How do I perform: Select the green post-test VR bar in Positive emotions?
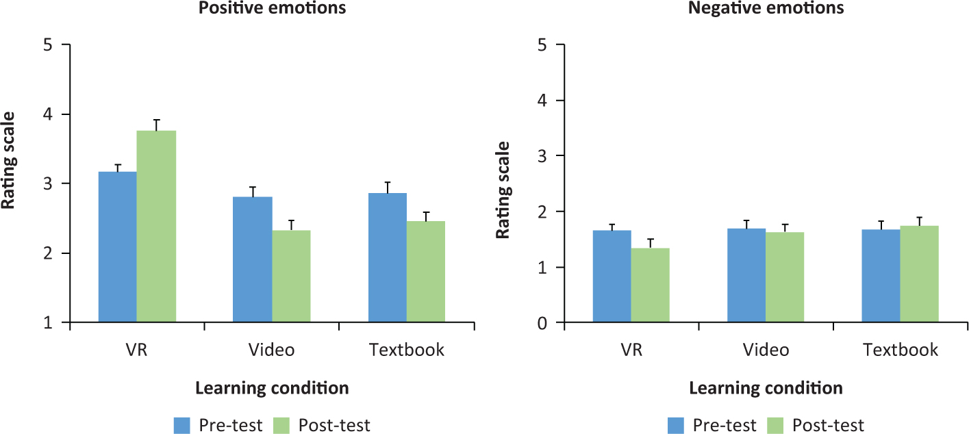click(x=157, y=226)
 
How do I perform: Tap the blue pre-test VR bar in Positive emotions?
click(x=118, y=246)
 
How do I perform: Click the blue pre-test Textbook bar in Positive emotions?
click(x=388, y=257)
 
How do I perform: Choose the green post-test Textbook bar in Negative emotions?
click(x=920, y=274)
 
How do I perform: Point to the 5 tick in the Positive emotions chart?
click(x=47, y=45)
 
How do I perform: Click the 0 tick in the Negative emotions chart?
click(x=541, y=322)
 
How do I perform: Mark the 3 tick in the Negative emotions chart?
click(x=541, y=156)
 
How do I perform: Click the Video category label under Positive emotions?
click(x=271, y=350)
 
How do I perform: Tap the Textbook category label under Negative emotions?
click(x=901, y=350)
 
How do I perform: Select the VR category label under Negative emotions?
click(x=631, y=350)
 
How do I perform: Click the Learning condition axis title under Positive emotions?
click(x=272, y=388)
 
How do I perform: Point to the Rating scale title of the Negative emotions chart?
click(x=503, y=190)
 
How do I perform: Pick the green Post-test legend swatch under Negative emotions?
click(x=775, y=425)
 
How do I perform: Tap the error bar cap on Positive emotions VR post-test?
click(x=157, y=120)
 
